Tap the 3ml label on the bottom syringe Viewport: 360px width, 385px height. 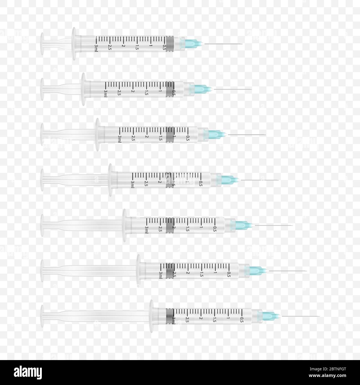tap(174, 320)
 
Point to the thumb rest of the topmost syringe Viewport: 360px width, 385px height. tap(42, 44)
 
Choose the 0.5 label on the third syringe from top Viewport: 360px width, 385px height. tap(188, 138)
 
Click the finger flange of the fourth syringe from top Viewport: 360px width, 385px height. tap(110, 180)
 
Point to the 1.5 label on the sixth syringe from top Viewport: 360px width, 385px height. tap(202, 274)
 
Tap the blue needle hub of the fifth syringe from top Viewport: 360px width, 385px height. tap(242, 225)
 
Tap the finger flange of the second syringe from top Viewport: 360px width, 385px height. tap(83, 89)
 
